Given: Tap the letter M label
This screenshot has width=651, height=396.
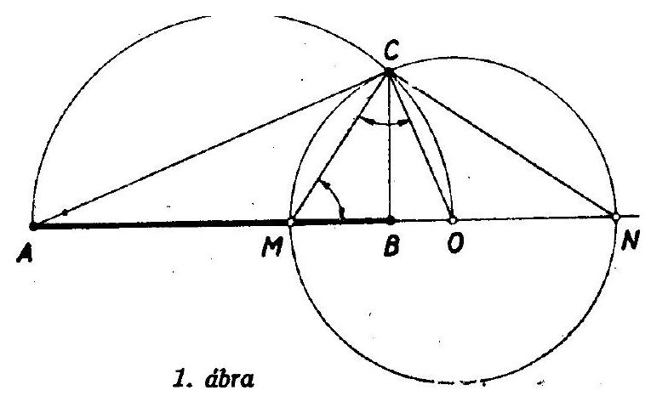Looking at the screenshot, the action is point(272,247).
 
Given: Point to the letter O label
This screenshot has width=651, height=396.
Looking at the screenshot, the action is point(455,242).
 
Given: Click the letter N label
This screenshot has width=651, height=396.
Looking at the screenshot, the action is point(630,240).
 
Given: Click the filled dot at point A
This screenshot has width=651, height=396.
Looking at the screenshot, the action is point(33,226).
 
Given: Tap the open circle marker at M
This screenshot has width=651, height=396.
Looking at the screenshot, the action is point(291,223).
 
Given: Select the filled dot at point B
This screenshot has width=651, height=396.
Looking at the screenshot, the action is point(391,220).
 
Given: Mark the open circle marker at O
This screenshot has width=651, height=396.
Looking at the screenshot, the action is point(453,220).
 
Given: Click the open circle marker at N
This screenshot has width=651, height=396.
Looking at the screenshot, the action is point(616,217).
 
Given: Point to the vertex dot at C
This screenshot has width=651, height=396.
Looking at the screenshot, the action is point(389,72).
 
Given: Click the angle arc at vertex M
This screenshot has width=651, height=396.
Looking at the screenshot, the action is point(334,194).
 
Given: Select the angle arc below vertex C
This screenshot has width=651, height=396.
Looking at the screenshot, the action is point(385,123).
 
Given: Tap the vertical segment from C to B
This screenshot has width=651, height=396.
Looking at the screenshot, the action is point(390,146).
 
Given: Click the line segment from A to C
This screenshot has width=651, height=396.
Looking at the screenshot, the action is point(211,150).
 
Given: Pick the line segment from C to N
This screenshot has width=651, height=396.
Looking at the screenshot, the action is point(502,144).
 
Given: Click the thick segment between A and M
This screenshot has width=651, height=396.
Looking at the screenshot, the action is point(162,224).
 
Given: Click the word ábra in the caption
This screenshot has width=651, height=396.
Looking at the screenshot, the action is point(229,378).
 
